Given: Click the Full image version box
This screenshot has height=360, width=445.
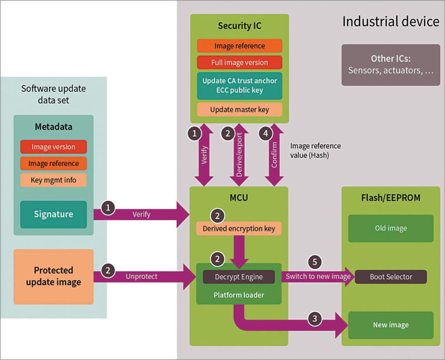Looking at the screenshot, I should coord(239,63).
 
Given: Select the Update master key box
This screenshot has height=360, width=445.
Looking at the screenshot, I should coord(239,110).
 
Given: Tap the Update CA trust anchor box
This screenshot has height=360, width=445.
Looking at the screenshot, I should coord(239,86).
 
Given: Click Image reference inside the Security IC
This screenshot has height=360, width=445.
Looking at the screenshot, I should coord(239,46).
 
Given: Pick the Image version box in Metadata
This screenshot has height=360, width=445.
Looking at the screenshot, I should coord(53,147).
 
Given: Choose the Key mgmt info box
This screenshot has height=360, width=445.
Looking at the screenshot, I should coord(53,180).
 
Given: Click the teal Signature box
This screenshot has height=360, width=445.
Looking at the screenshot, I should coord(53,214).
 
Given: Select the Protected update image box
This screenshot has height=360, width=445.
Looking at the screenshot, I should coord(53,276).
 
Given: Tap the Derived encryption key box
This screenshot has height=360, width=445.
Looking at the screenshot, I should coord(239,229).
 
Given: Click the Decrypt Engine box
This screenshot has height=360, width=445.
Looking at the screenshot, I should coord(239,277).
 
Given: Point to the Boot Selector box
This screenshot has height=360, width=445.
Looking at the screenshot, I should coord(391,277).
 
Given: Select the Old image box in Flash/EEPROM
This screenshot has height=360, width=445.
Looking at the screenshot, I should coord(391,228).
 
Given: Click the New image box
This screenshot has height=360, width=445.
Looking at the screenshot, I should coord(391,325).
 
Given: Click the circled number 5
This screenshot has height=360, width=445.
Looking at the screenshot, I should coord(315,262).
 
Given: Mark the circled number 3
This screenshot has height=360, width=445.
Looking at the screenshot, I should coord(315,319).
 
